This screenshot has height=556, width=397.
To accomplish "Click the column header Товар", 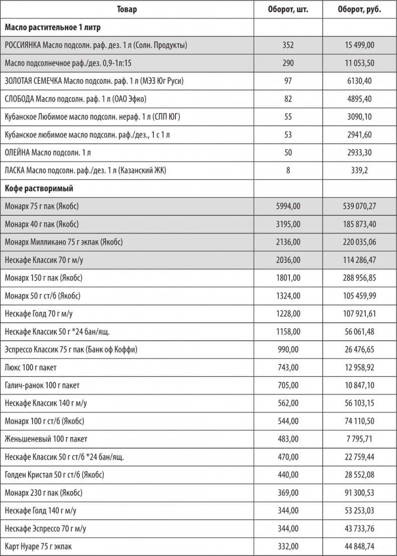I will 127,9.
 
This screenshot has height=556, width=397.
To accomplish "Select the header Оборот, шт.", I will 288,9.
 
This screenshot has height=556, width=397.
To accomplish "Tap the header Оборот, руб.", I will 359,9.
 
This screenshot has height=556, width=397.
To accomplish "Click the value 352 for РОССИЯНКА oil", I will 288,45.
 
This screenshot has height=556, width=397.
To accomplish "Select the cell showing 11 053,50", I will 359,63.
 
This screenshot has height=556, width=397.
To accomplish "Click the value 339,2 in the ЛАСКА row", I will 359,171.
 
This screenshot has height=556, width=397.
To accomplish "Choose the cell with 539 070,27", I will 359,206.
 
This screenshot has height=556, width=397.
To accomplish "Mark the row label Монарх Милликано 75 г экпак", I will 63,242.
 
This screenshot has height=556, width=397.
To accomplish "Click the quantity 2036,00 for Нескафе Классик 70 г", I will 288,260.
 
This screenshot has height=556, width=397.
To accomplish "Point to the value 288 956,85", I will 359,278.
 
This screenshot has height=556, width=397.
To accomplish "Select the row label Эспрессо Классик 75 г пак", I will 70,350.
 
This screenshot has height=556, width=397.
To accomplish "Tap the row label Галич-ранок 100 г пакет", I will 42,385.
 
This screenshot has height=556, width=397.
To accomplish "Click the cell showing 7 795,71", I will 359,439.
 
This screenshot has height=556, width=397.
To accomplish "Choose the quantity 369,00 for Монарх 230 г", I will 288,493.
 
